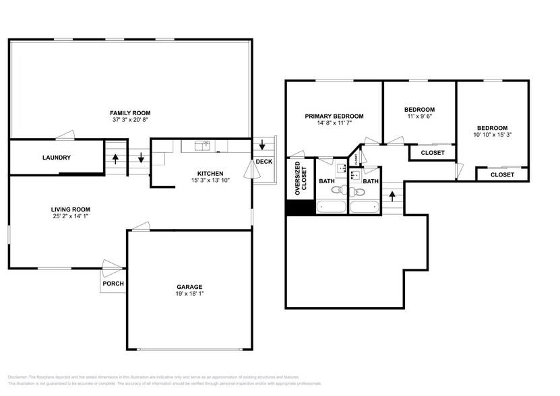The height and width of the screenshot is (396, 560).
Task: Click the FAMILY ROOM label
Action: [x=130, y=112]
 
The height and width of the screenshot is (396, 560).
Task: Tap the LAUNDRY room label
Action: [x=57, y=158]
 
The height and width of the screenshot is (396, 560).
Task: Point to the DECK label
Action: [x=263, y=162]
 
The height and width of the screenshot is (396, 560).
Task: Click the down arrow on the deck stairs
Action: [x=263, y=145]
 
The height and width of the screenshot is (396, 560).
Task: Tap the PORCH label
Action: [x=113, y=284]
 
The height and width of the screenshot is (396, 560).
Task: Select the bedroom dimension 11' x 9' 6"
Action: [x=419, y=117]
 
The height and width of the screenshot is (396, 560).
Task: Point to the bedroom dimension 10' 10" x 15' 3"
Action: [x=492, y=135]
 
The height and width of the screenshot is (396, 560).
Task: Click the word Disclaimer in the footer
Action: [x=19, y=377]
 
